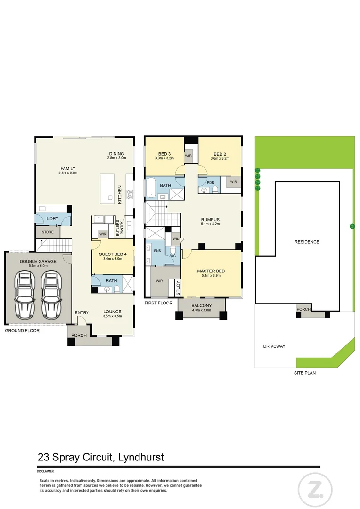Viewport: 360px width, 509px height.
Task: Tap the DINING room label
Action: [116, 154]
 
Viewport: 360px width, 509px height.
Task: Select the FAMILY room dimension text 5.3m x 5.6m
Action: [67, 173]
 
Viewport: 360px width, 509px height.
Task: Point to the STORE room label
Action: [48, 232]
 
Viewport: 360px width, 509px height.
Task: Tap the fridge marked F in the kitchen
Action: [98, 219]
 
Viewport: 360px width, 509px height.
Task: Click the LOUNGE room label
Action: [112, 312]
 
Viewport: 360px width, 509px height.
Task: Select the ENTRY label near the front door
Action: [82, 313]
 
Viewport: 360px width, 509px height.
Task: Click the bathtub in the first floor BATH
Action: [151, 188]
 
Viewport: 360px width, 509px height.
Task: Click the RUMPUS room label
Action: [210, 220]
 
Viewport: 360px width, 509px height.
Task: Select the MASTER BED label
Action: [211, 271]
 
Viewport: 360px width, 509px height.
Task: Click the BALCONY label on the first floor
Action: [202, 305]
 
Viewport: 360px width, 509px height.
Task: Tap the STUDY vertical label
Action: [178, 288]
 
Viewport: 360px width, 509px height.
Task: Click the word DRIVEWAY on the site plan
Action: [274, 346]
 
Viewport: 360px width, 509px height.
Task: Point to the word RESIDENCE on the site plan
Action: [307, 242]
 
